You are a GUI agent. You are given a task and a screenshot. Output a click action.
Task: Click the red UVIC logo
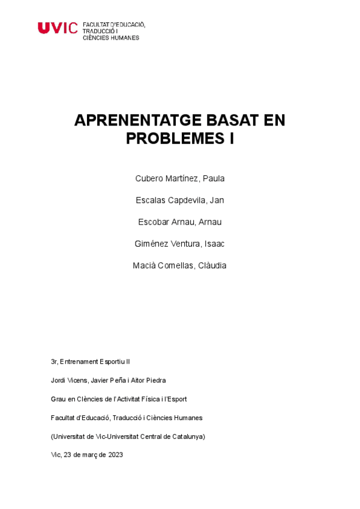coord(58,28)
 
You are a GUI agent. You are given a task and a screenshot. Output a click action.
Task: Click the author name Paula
coord(214,179)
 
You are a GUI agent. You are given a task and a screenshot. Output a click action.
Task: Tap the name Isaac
coord(214,244)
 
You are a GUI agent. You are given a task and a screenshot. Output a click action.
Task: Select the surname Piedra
coord(155,381)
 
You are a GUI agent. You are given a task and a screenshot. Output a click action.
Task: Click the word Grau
coord(59,399)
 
